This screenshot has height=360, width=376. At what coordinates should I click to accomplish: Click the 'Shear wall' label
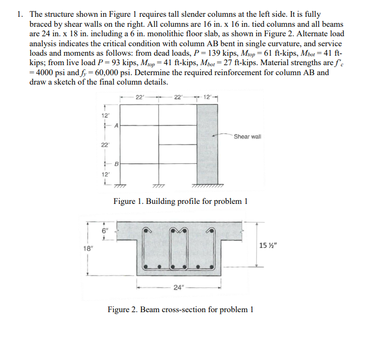click(247, 137)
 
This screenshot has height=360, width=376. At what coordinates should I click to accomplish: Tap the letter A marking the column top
click(116, 125)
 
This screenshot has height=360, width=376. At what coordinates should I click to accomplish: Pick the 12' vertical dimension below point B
click(105, 174)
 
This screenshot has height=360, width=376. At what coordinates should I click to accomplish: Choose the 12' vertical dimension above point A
click(105, 115)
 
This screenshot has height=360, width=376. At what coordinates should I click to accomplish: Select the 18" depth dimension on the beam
click(82, 250)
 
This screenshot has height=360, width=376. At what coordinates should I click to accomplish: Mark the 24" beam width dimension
click(179, 287)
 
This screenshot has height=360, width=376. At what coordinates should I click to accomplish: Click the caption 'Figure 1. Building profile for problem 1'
click(180, 201)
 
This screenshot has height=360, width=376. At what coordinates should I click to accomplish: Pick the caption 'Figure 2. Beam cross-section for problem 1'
click(180, 309)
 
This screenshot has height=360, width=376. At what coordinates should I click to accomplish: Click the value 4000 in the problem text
click(43, 73)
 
